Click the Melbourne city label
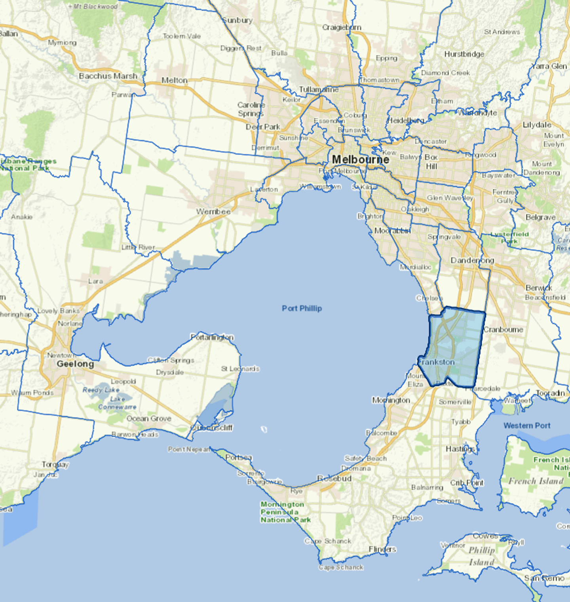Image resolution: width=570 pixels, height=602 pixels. [361, 159]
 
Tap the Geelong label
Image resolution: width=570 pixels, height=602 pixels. [75, 364]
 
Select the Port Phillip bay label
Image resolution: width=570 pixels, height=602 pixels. [302, 308]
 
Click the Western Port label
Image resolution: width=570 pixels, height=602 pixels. [527, 426]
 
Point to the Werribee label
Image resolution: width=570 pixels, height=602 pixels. [213, 212]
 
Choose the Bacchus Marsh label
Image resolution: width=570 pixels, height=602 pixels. [108, 76]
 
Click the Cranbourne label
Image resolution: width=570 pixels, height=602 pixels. [503, 329]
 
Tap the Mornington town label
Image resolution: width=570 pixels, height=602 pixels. [391, 400]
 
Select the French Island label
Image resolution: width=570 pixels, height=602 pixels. [536, 481]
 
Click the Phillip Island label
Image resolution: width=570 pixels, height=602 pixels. [482, 556]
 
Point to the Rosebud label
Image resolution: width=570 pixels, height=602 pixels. [334, 478]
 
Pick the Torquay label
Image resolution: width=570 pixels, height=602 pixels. [55, 464]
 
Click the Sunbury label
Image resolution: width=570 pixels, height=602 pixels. [237, 20]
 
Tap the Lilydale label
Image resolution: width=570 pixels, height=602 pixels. [537, 125]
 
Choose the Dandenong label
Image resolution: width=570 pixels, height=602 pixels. [472, 260]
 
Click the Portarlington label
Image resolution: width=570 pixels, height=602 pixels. [212, 337]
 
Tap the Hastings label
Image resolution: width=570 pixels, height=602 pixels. [460, 449]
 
